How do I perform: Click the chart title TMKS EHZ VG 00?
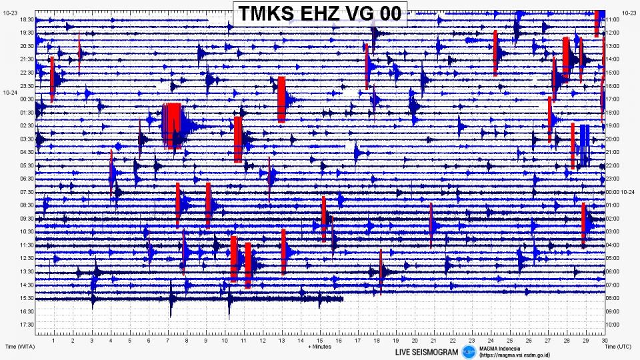[319, 13]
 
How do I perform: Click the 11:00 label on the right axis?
[613, 20]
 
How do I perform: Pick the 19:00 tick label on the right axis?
[613, 126]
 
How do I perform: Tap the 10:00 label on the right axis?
[613, 325]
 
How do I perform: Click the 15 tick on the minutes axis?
[320, 340]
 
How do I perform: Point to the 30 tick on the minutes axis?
[603, 340]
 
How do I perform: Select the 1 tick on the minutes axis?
[54, 340]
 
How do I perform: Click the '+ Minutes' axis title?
[319, 347]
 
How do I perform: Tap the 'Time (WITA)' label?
[19, 347]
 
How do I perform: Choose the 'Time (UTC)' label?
[619, 347]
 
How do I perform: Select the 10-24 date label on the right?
[629, 192]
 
